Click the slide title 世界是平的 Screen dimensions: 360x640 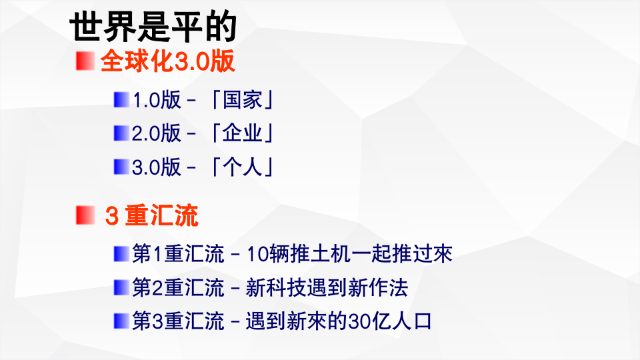[153, 29]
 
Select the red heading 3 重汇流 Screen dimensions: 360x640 [151, 216]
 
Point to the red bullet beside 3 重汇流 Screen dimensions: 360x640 [83, 215]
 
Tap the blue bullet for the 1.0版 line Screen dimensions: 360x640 [121, 100]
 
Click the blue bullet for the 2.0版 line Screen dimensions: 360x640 [121, 133]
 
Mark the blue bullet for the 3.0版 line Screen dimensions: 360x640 [121, 166]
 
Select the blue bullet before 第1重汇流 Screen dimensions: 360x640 [121, 253]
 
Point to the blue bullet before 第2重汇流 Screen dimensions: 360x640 [121, 287]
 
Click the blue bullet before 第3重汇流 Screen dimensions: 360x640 [121, 321]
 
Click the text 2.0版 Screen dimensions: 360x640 [157, 133]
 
